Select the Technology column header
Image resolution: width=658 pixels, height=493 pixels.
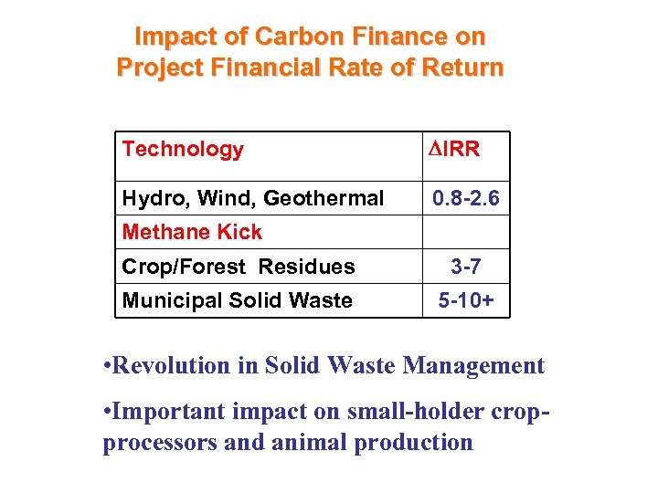coord(183,149)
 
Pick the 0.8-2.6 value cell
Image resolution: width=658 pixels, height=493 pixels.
coord(466,198)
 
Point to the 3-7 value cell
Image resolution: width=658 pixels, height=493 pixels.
coord(466,267)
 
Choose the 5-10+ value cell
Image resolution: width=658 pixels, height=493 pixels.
coord(466,300)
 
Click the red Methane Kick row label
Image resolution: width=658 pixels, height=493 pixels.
coord(192,232)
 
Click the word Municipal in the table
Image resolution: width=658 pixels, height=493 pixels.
coord(166,300)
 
